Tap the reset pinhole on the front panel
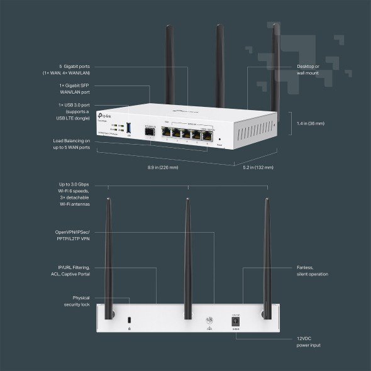point(219,138)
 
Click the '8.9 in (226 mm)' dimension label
point(163,168)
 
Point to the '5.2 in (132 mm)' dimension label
point(258,168)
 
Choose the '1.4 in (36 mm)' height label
point(311,123)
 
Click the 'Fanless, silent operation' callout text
point(312,271)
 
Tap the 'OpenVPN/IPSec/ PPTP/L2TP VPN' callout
point(72,235)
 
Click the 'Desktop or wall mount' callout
point(308,69)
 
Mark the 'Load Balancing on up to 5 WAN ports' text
point(71,144)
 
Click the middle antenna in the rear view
point(187,252)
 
